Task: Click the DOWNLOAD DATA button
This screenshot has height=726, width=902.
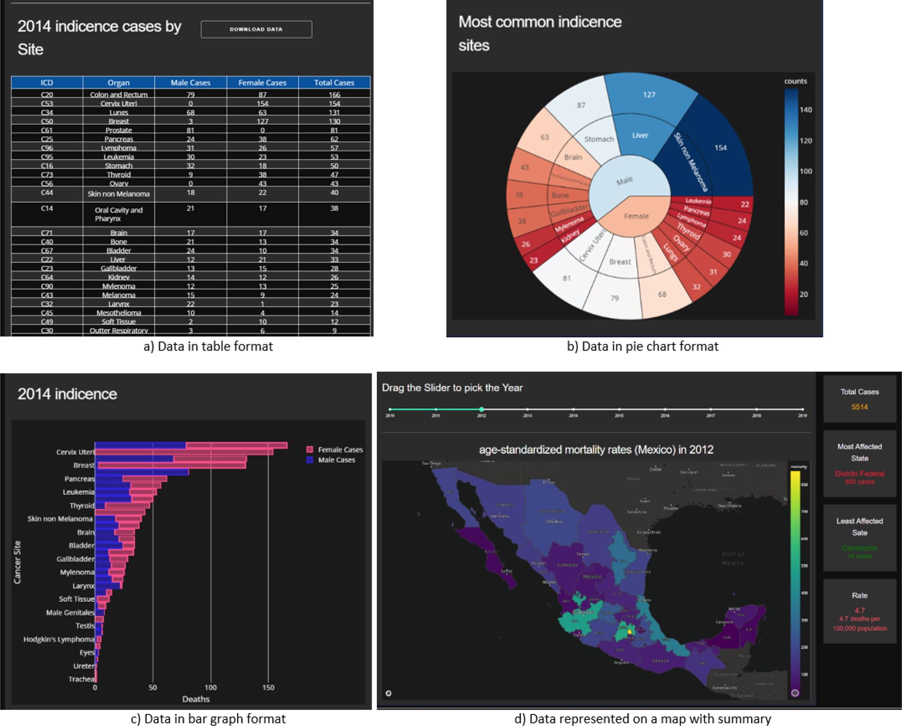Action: (x=256, y=29)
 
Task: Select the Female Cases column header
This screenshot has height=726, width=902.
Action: (x=262, y=82)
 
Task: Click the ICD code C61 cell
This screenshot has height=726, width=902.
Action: (x=47, y=130)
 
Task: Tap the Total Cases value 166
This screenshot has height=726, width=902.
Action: (x=334, y=94)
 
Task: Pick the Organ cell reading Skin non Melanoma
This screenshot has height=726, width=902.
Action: (x=119, y=194)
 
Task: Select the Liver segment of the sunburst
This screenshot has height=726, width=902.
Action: (x=640, y=135)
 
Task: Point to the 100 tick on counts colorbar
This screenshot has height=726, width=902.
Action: (x=805, y=172)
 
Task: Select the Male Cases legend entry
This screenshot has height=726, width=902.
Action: (x=336, y=460)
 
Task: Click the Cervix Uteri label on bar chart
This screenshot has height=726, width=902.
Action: (x=75, y=452)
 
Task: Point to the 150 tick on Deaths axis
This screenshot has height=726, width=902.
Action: (x=268, y=688)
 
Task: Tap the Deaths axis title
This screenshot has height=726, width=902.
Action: (x=196, y=699)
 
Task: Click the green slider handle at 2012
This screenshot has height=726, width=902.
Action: (x=481, y=409)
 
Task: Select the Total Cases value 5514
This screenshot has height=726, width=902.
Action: (x=859, y=407)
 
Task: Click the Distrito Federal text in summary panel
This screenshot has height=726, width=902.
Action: (x=859, y=474)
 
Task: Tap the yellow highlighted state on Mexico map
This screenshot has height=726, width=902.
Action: (x=630, y=632)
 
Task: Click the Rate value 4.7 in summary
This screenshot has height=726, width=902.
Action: (x=859, y=611)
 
